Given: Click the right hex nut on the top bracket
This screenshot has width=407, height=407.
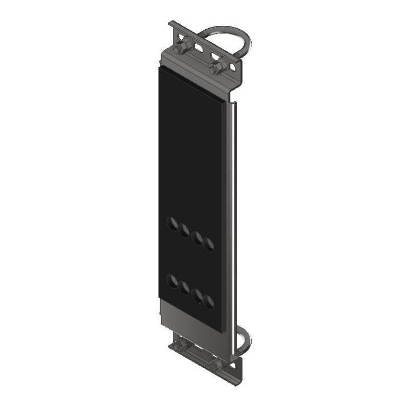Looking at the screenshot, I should pos(217,67).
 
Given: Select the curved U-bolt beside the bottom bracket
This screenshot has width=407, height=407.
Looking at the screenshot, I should pos(243,342).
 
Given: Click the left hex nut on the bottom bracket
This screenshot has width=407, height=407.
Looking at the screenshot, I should pos(181,346).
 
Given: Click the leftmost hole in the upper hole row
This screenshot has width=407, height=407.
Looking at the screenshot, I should pos(172,224).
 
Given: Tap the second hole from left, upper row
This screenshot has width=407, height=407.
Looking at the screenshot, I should pos(184,231).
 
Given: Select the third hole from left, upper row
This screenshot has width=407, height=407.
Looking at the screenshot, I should pos(197,238).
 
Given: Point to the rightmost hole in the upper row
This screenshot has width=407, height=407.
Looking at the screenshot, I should pos(209,244).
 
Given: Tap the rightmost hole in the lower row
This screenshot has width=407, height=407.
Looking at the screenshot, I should pos(209,302).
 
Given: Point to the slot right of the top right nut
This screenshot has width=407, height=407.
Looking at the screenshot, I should pos(234,65).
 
